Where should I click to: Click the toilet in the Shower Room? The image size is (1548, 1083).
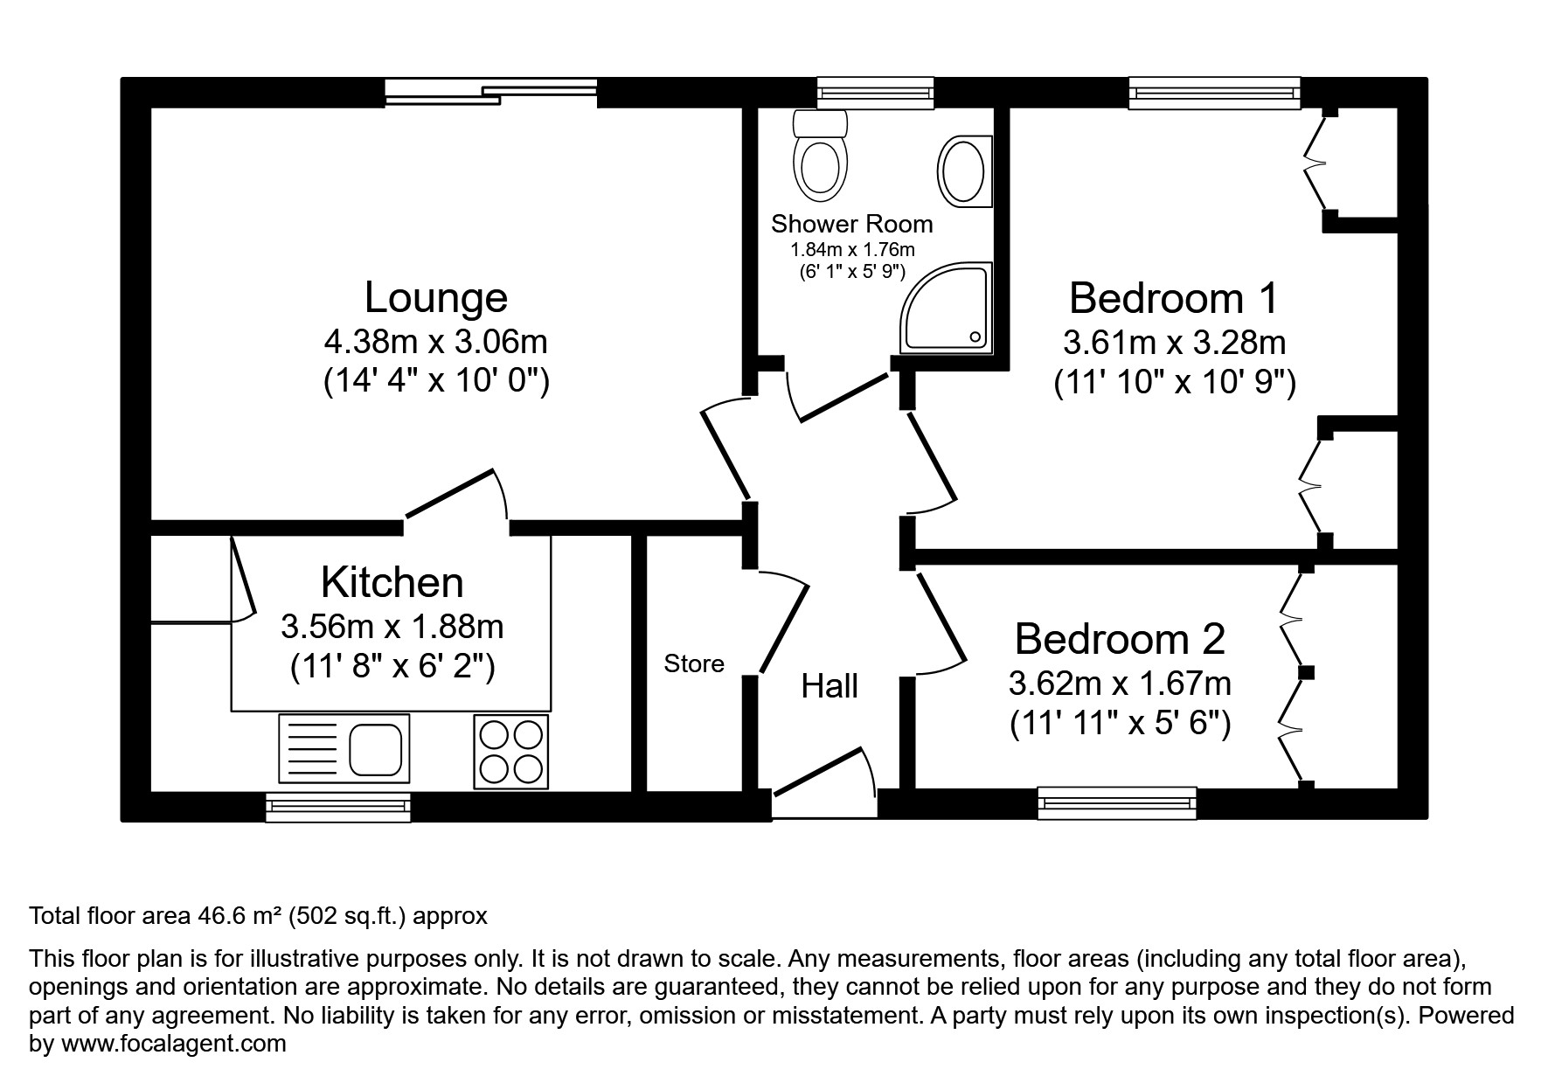[x=821, y=157]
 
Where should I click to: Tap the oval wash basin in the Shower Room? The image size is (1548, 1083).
[x=964, y=171]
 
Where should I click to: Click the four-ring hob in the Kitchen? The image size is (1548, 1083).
[x=511, y=752]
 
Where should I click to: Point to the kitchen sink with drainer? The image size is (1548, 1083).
[x=344, y=749]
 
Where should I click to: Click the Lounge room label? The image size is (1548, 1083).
[x=435, y=297]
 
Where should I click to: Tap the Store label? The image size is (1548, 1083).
[x=694, y=664]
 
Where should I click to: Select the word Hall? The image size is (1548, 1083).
[x=830, y=686]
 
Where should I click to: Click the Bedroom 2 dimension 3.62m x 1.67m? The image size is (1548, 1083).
[x=1120, y=682]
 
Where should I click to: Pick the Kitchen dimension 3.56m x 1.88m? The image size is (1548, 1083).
[x=392, y=626]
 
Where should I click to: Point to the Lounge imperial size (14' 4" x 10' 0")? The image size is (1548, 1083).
[x=436, y=382]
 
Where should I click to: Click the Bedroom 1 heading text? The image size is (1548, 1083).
[x=1173, y=298]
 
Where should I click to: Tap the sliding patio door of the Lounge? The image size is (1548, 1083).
[x=492, y=92]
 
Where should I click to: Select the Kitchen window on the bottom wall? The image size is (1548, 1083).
[x=338, y=807]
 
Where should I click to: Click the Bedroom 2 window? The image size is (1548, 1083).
[x=1117, y=802]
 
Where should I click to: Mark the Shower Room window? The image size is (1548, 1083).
[x=875, y=92]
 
